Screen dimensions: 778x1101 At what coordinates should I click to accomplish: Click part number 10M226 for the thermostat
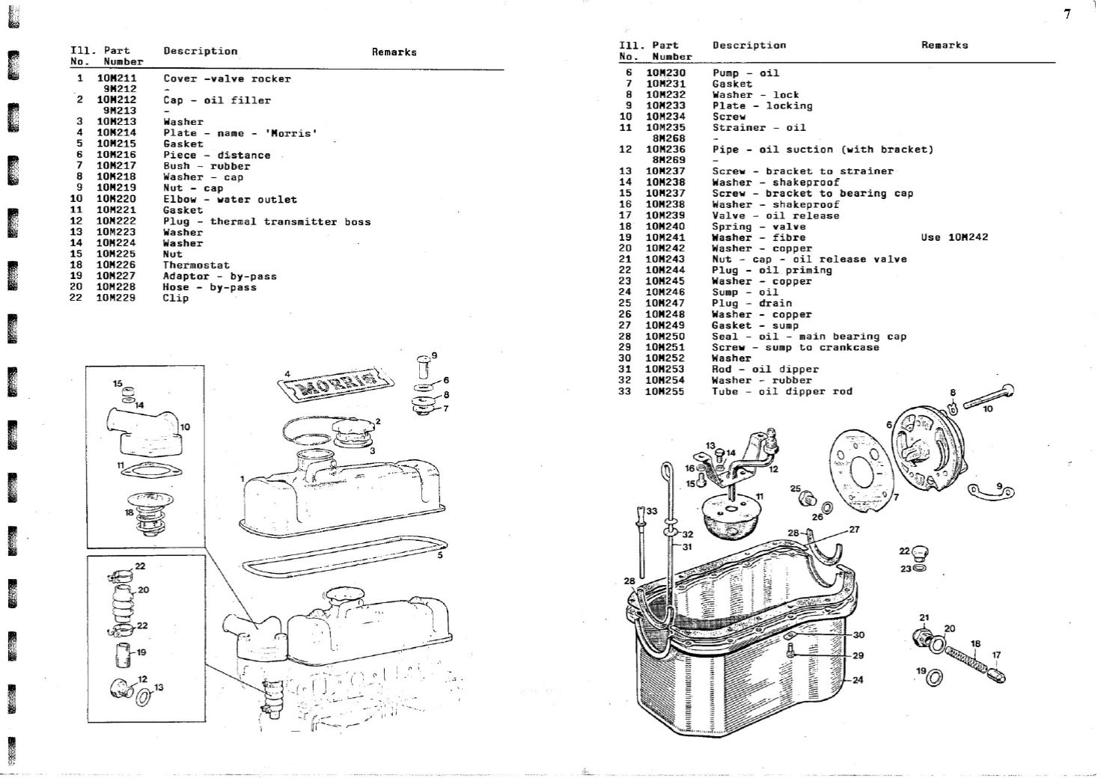116,265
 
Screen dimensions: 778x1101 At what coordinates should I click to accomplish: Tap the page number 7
1067,13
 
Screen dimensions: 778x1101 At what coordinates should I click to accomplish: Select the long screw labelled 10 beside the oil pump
988,396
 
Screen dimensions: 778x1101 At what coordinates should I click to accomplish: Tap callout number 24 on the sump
858,680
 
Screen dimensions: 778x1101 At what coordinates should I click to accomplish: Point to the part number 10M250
665,337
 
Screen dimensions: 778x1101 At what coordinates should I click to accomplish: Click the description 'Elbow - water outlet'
230,200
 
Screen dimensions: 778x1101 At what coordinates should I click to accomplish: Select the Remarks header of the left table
394,52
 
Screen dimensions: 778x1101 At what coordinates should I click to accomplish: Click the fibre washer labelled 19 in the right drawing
935,679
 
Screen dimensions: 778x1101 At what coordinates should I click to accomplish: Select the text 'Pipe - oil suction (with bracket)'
823,150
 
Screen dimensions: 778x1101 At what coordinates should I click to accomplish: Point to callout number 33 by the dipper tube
652,511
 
